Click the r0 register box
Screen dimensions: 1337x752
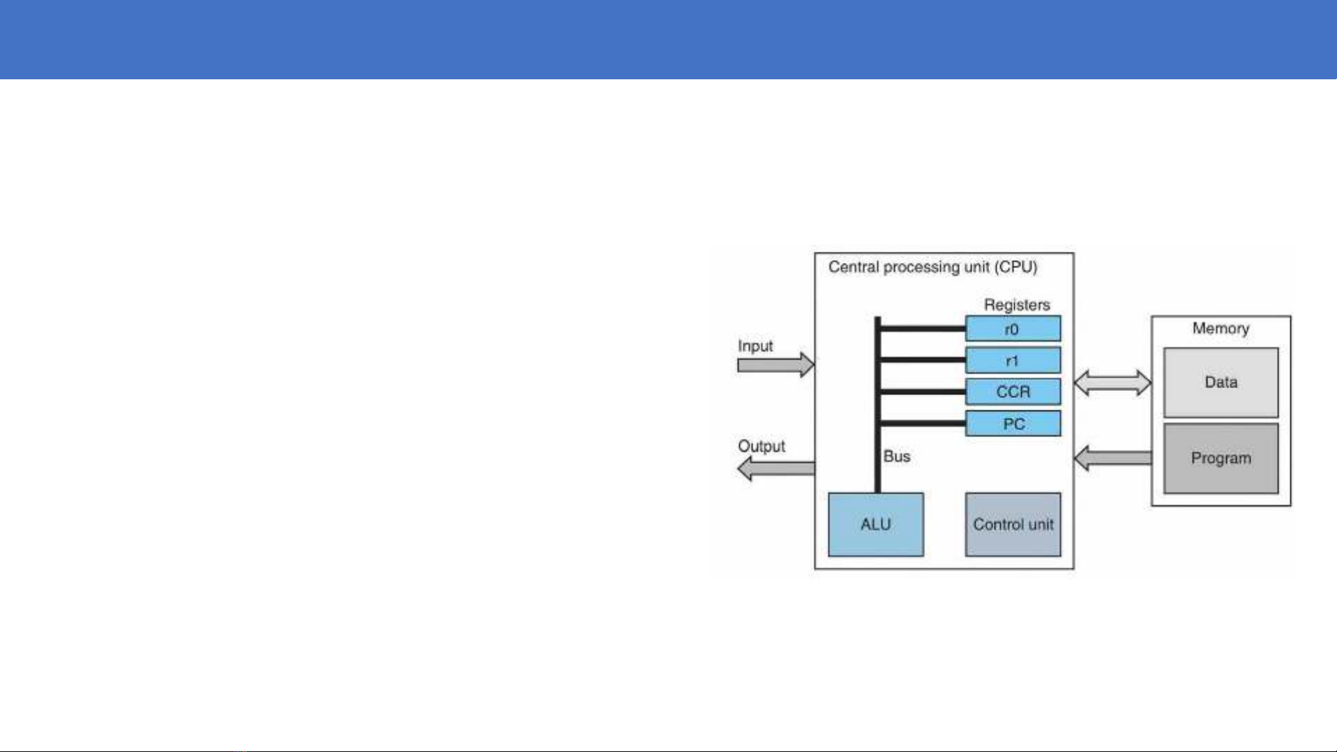pyautogui.click(x=1013, y=328)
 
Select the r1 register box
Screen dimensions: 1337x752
pyautogui.click(x=1013, y=360)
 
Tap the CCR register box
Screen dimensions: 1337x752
pyautogui.click(x=1013, y=392)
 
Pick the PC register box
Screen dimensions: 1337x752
pyautogui.click(x=1013, y=424)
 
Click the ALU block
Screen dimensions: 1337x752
pyautogui.click(x=876, y=525)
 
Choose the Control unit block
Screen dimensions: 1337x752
pyautogui.click(x=1013, y=525)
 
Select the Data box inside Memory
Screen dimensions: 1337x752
pyautogui.click(x=1221, y=383)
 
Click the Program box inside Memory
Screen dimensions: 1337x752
pyautogui.click(x=1221, y=458)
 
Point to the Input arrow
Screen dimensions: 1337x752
pyautogui.click(x=776, y=365)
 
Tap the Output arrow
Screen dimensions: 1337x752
pyautogui.click(x=776, y=468)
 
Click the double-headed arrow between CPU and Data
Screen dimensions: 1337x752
pyautogui.click(x=1112, y=383)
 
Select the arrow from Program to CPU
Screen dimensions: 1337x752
pyautogui.click(x=1112, y=458)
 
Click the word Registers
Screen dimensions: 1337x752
pyautogui.click(x=1017, y=305)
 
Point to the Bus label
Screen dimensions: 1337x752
pyautogui.click(x=896, y=456)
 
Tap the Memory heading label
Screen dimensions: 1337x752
pyautogui.click(x=1221, y=328)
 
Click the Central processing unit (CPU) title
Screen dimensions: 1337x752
pyautogui.click(x=933, y=267)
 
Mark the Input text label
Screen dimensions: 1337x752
pyautogui.click(x=755, y=346)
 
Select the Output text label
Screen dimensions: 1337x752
pyautogui.click(x=761, y=446)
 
